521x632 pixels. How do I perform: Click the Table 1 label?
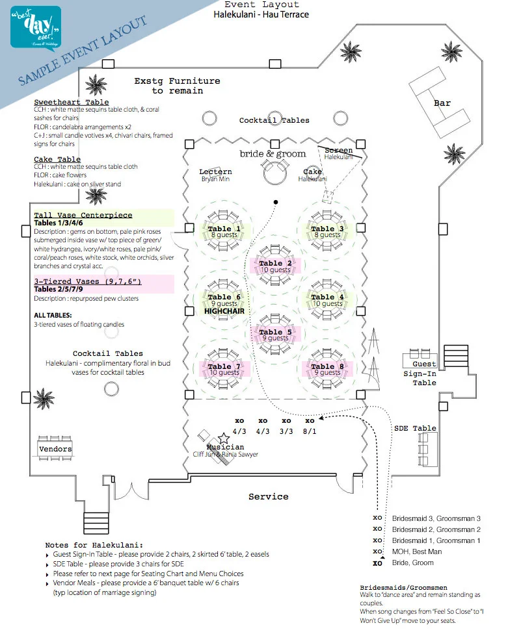click(224, 229)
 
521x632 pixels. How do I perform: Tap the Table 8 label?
click(327, 366)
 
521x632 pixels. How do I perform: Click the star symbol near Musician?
click(224, 438)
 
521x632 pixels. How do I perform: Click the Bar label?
click(442, 103)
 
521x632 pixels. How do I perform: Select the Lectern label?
click(215, 171)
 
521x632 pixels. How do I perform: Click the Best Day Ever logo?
click(35, 27)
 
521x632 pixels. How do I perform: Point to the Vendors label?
click(55, 449)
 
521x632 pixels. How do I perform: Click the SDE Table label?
click(415, 428)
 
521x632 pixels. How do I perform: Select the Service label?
click(268, 496)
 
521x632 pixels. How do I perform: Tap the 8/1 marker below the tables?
click(310, 431)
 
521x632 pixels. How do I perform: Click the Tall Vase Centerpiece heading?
click(83, 215)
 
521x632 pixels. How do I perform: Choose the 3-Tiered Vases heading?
click(87, 281)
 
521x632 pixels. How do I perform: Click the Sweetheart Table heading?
click(71, 102)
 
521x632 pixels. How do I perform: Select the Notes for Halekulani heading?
click(94, 544)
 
